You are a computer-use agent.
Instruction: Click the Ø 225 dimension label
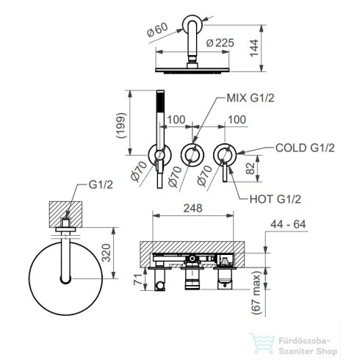point(220,43)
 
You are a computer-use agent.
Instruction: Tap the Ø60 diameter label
point(157,30)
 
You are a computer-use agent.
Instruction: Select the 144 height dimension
point(254,48)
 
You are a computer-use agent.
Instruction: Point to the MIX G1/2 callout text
point(250,98)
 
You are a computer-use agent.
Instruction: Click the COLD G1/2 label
point(305,148)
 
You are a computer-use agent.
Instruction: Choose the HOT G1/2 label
point(276,199)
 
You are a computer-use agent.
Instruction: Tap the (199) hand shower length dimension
point(121,126)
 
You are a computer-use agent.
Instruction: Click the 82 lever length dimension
point(250,168)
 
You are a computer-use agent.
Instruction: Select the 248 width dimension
point(193,208)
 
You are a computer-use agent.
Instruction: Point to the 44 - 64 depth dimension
point(288,224)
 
